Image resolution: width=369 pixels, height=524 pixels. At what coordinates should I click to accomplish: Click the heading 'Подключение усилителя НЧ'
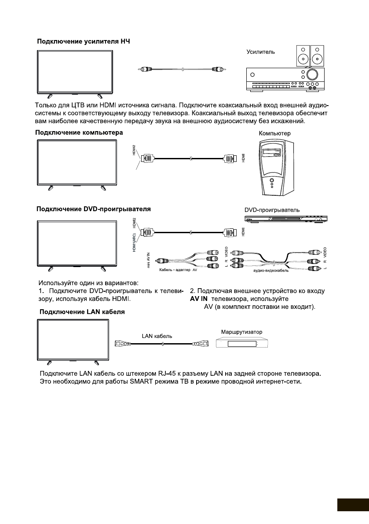tap(84, 42)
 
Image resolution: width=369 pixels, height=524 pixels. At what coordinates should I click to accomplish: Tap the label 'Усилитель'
tap(260, 52)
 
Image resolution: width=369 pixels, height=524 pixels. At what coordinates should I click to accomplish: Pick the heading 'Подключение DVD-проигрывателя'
tap(94, 209)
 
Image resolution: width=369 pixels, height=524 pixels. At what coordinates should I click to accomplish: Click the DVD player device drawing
tap(286, 219)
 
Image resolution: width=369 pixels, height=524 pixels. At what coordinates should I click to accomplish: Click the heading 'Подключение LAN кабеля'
tap(82, 312)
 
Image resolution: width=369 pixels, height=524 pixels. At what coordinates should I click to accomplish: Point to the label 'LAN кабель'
tap(157, 336)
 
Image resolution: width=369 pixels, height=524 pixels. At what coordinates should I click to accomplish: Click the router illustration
tap(242, 344)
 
